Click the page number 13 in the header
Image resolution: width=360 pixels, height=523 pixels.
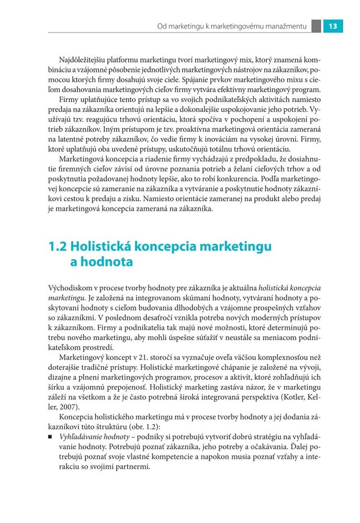(332, 26)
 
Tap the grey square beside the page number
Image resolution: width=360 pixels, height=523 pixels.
(316, 26)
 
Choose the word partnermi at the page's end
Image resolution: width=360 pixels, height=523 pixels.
(133, 464)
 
